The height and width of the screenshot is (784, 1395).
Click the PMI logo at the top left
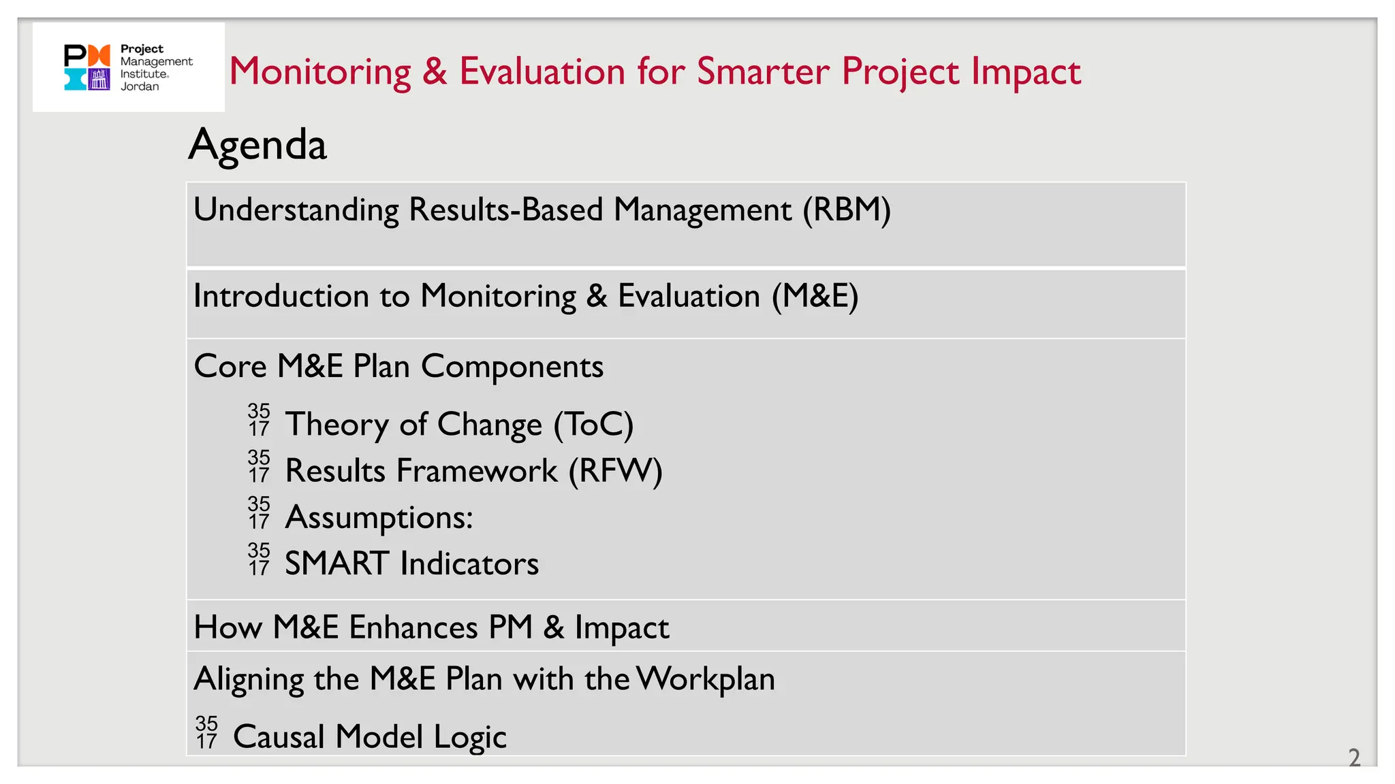(87, 67)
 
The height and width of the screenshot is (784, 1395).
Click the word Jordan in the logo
(140, 86)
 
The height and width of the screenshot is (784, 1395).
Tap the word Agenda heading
(257, 145)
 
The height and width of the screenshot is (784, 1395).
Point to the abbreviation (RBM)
(847, 210)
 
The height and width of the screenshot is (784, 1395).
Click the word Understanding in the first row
(296, 210)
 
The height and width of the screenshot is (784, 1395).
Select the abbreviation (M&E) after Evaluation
(815, 296)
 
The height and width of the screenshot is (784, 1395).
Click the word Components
(512, 366)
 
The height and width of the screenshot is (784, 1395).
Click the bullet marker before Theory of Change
(259, 420)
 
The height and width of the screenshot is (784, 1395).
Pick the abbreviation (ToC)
(593, 425)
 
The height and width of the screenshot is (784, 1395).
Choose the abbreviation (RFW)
(616, 471)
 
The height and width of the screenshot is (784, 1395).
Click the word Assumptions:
(379, 517)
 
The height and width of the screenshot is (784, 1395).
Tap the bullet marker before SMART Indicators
(259, 559)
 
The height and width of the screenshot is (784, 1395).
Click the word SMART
(337, 563)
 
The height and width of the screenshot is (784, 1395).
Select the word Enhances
(413, 627)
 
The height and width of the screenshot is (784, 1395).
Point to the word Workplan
(706, 679)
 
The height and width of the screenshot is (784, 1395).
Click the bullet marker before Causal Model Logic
(206, 732)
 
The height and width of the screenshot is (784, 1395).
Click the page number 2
(1354, 757)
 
